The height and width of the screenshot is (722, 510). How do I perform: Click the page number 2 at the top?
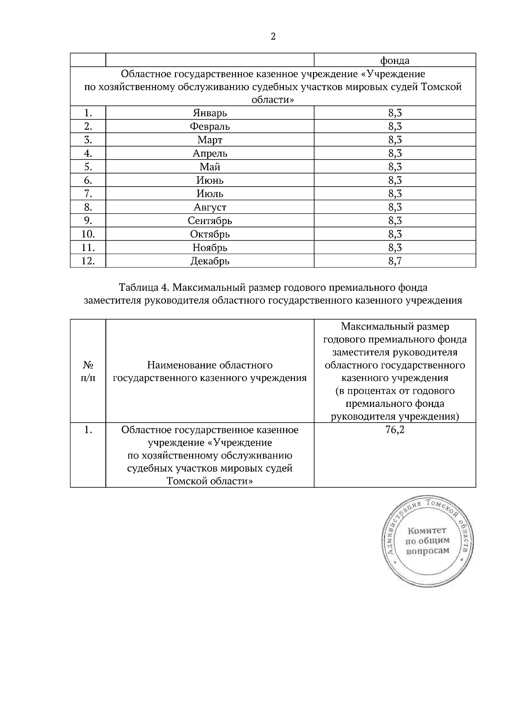pos(273,37)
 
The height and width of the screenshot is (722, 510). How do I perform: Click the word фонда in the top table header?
pos(394,60)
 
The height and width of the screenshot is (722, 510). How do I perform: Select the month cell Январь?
pos(210,113)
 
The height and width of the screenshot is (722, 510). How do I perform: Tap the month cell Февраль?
pos(210,126)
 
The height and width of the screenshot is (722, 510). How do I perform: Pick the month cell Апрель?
pos(210,153)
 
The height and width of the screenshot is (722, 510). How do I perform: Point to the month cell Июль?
pos(210,193)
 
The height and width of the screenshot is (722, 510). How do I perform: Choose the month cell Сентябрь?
pos(210,221)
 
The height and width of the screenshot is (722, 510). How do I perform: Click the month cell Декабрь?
pos(210,261)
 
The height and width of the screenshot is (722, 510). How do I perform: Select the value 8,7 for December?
pos(394,261)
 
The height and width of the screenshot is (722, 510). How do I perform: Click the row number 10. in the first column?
pos(88,234)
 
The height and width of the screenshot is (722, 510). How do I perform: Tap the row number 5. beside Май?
pos(88,167)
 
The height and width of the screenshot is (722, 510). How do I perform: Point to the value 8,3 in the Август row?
pos(394,207)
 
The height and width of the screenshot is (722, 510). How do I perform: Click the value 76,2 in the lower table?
pos(394,430)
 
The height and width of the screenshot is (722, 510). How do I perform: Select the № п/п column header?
pos(88,371)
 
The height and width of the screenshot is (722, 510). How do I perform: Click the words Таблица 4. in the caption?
pos(144,287)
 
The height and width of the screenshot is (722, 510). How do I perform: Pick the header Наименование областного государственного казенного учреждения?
pos(210,371)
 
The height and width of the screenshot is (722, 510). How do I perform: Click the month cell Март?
pos(210,140)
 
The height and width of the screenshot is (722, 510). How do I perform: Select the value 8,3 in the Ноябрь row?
pos(394,247)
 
